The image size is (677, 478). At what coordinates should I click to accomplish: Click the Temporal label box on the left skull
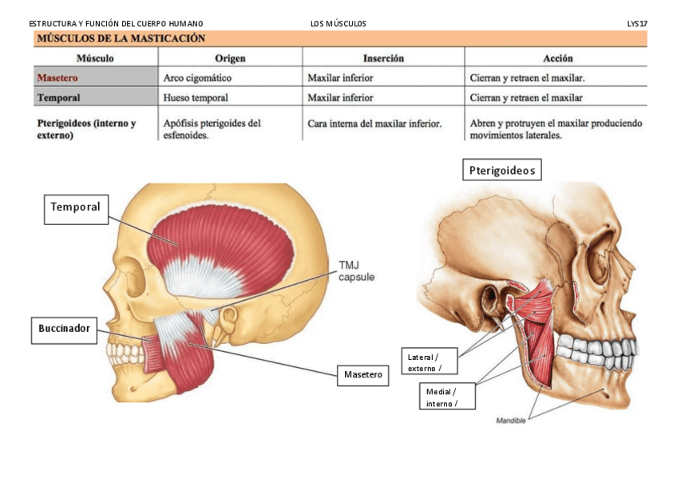coord(76,208)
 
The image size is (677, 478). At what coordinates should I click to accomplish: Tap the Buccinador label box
coord(64,329)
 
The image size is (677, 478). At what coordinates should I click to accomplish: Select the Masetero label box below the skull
coord(362,374)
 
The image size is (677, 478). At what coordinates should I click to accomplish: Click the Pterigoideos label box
coord(502,170)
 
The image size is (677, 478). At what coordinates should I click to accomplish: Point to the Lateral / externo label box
coord(430,361)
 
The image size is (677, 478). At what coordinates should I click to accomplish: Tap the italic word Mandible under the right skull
coord(511,421)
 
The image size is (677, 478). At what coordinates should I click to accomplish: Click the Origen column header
coord(230,58)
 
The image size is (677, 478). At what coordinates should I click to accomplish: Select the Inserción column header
coord(383,58)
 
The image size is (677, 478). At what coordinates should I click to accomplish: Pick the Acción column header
coord(557,58)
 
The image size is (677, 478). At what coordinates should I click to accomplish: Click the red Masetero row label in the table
coord(59,78)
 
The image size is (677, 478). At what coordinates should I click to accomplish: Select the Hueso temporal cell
coord(196,97)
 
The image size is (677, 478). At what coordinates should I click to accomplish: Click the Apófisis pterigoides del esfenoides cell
coord(212,129)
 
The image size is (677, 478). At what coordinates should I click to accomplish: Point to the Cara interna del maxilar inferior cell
coord(374,124)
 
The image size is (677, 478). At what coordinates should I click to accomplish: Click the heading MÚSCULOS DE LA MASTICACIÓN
coord(120,38)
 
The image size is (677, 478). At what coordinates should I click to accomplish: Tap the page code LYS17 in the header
coord(637,24)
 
